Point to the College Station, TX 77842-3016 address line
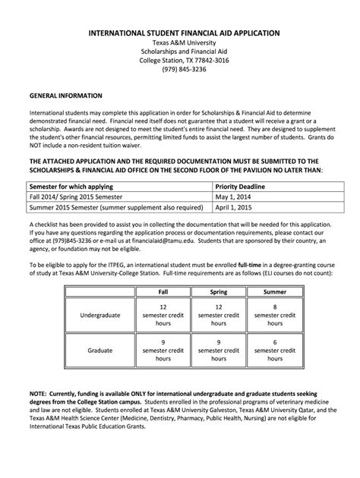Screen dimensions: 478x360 (x=180, y=61)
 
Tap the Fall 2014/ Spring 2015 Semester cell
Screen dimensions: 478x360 (x=78, y=195)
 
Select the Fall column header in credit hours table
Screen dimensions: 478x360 (x=163, y=291)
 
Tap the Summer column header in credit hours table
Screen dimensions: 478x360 (x=274, y=291)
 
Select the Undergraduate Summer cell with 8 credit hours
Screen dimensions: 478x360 (x=274, y=313)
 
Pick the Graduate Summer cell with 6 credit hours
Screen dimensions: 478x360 (x=274, y=351)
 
